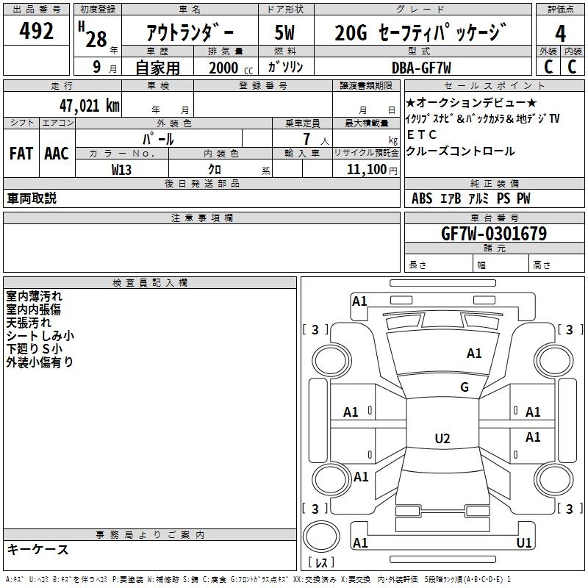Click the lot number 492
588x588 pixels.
37,32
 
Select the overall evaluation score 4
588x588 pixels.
561,34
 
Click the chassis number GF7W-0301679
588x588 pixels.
493,234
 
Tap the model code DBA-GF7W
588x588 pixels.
421,67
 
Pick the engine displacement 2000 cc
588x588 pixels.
229,68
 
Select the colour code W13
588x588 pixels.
123,169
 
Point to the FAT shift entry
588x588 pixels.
21,154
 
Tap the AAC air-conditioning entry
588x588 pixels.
57,154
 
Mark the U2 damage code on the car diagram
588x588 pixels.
442,439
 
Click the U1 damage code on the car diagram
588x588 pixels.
524,543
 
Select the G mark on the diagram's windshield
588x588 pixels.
465,387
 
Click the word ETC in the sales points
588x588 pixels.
422,135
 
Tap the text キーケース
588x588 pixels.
38,550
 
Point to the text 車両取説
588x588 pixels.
32,198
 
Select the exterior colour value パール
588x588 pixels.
159,138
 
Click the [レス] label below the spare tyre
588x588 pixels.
320,564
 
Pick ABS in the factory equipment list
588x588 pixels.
422,198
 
